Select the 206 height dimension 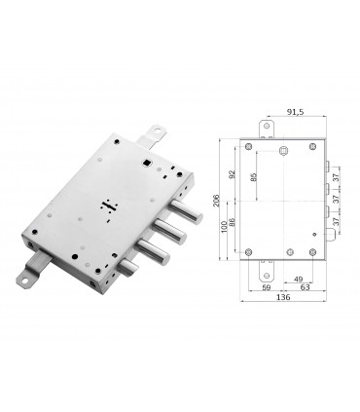[x=220, y=199]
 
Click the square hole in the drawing [x=282, y=151]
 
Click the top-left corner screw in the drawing [x=250, y=148]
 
